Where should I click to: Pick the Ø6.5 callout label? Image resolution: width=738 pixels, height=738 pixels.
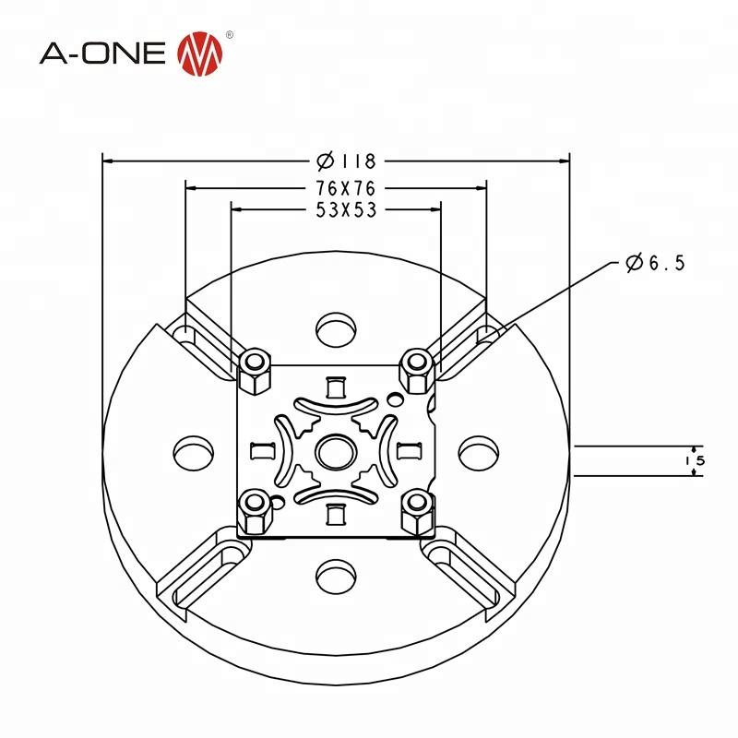pyautogui.click(x=654, y=264)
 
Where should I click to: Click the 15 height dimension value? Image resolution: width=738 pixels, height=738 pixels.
pyautogui.click(x=698, y=459)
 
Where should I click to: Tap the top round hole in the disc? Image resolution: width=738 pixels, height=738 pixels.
pyautogui.click(x=335, y=327)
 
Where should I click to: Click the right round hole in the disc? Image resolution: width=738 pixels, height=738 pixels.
pyautogui.click(x=479, y=453)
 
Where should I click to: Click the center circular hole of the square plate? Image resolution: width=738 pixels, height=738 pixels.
pyautogui.click(x=333, y=452)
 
